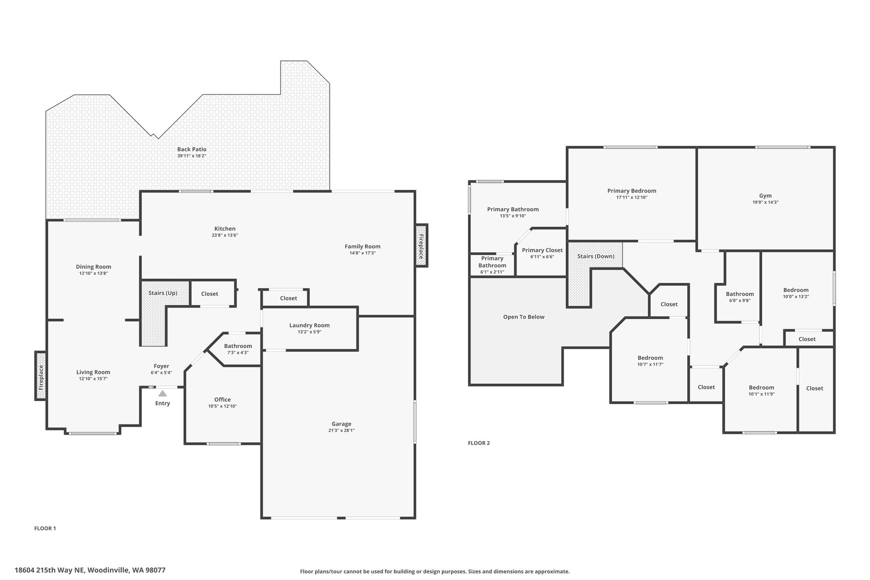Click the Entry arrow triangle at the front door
click(163, 393)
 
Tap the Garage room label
click(342, 424)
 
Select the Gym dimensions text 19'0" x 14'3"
click(765, 202)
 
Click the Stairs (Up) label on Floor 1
click(163, 293)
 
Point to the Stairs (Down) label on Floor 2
click(596, 256)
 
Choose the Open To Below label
click(524, 317)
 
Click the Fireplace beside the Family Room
click(421, 246)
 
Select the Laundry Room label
click(309, 325)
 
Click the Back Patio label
click(192, 149)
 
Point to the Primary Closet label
click(542, 250)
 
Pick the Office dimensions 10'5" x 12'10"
click(223, 406)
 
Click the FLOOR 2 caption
click(479, 443)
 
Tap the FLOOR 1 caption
click(45, 528)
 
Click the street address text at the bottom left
click(90, 570)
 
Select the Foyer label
click(161, 366)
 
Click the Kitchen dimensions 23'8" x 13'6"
click(225, 235)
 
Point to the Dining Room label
click(93, 267)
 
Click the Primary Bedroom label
click(632, 191)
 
